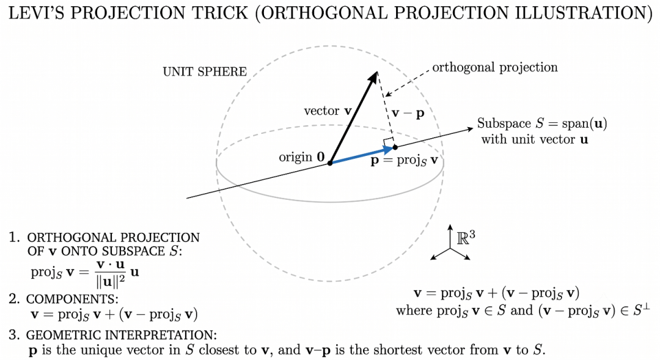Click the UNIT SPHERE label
pos(205,72)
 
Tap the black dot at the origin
pos(330,163)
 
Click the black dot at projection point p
pos(395,147)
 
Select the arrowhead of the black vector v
pos(372,78)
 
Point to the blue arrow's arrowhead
pos(387,150)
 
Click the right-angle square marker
pos(388,142)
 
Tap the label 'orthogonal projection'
pos(495,67)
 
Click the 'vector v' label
pos(328,111)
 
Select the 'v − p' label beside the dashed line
pos(408,113)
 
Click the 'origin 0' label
pos(302,157)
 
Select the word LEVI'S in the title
pos(37,13)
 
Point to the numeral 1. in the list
pos(14,237)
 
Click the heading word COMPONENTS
pos(72,299)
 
